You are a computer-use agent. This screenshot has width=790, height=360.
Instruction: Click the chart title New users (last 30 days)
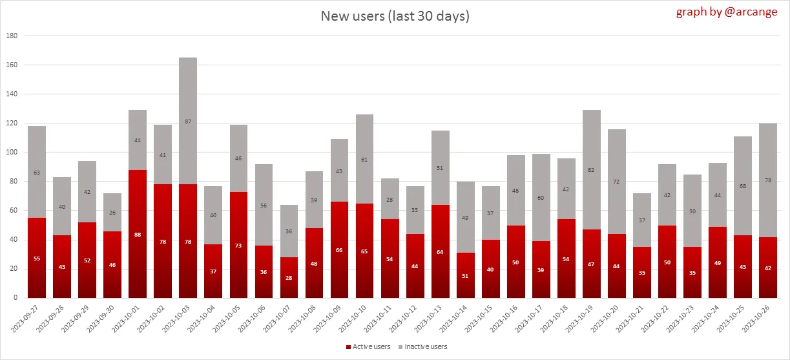[395, 16]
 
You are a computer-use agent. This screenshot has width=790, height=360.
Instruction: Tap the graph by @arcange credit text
[728, 12]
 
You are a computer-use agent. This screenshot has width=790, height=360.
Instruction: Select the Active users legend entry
[369, 347]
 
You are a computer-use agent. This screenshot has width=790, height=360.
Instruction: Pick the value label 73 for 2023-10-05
[238, 246]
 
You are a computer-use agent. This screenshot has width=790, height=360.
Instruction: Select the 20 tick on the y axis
[12, 269]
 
